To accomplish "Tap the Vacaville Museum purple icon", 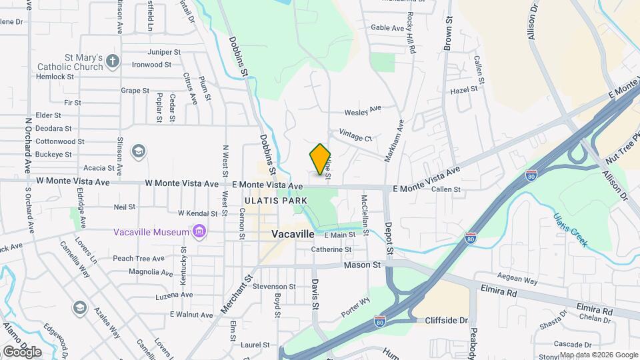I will tap(198, 231).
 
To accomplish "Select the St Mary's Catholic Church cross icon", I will tap(113, 61).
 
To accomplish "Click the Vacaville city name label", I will tap(293, 235).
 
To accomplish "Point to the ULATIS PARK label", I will tap(276, 200).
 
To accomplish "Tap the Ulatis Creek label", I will tap(569, 230).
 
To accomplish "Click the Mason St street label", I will tap(362, 265).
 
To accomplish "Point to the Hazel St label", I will tap(464, 89).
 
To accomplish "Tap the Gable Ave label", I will tap(388, 28).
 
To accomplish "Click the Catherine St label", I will tap(331, 250).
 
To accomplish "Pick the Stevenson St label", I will tap(274, 287).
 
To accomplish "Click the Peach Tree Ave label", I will tap(139, 258).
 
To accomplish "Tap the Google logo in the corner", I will tap(22, 351).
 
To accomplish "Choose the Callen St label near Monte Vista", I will tap(446, 190).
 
